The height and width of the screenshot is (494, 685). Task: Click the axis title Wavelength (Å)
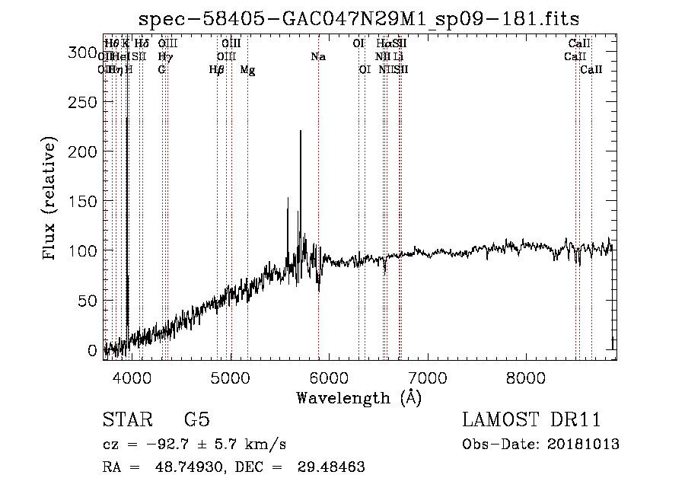pos(358,397)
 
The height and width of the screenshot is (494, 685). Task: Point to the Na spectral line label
pos(318,57)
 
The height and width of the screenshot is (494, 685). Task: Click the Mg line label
pos(247,70)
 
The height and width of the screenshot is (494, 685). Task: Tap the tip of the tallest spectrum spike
pos(301,132)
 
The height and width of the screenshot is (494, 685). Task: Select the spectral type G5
pos(196,420)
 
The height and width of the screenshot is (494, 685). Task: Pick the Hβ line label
pos(217,70)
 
